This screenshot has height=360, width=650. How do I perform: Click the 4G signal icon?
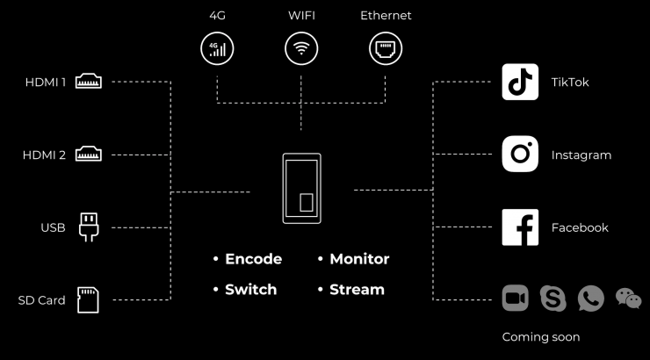[x=217, y=47]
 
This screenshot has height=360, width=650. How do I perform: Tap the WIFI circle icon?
[x=301, y=47]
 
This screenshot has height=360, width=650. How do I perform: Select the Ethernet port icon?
[x=386, y=47]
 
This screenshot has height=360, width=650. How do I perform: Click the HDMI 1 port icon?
[x=90, y=83]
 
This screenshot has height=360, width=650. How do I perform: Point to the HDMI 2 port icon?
[x=90, y=155]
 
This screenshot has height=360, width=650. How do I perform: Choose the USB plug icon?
[x=90, y=227]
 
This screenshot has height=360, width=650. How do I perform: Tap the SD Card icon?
[x=89, y=299]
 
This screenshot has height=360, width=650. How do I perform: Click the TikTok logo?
[x=520, y=82]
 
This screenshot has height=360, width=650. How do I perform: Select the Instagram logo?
[x=520, y=155]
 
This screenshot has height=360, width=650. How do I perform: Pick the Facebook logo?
[x=520, y=227]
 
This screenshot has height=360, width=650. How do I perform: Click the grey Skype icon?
[x=553, y=299]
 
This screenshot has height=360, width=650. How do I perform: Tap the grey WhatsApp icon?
[x=590, y=299]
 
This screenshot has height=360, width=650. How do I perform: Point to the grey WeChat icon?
[x=628, y=299]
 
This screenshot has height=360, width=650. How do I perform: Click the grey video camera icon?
[x=516, y=299]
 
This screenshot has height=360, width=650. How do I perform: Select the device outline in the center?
[x=301, y=189]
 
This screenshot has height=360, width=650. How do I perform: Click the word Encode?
[x=253, y=259]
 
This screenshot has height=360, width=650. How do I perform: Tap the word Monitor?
[x=358, y=259]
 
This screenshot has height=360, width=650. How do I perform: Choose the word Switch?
[x=250, y=289]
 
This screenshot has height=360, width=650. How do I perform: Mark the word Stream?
[x=357, y=289]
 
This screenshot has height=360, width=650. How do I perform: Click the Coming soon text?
[x=540, y=336]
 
